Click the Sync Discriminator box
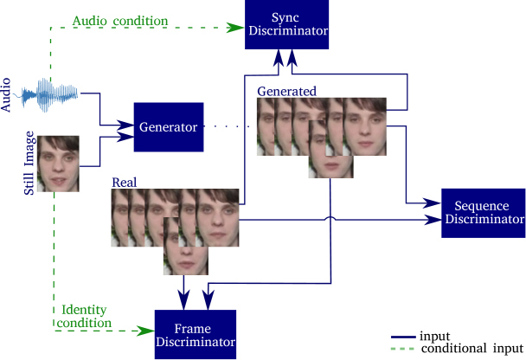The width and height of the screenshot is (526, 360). [x=287, y=24]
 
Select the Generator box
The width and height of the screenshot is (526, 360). [x=169, y=127]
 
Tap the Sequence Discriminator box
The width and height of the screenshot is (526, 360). [x=484, y=213]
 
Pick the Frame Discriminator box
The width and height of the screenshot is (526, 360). [x=196, y=335]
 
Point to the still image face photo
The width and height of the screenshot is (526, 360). [x=58, y=164]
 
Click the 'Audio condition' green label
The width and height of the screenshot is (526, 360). [x=120, y=21]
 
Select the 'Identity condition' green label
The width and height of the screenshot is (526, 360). [x=84, y=316]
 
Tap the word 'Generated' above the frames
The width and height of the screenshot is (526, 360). [x=287, y=91]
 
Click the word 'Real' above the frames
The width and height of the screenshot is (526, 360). [x=125, y=183]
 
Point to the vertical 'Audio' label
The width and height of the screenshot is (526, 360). [x=6, y=95]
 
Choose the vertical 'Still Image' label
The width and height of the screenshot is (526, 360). [x=29, y=163]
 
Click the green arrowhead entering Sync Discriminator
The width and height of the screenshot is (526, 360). [x=234, y=28]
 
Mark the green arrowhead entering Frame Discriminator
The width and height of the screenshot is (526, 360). [x=145, y=331]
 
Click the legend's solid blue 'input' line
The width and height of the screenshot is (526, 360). [x=403, y=337]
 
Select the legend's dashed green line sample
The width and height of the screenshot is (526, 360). [x=403, y=349]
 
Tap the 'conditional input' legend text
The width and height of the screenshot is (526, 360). [x=472, y=349]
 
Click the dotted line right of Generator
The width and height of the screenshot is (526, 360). [x=227, y=126]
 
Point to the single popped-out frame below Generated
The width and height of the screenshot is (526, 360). [x=330, y=150]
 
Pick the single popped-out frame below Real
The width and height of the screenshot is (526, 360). [x=186, y=246]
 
